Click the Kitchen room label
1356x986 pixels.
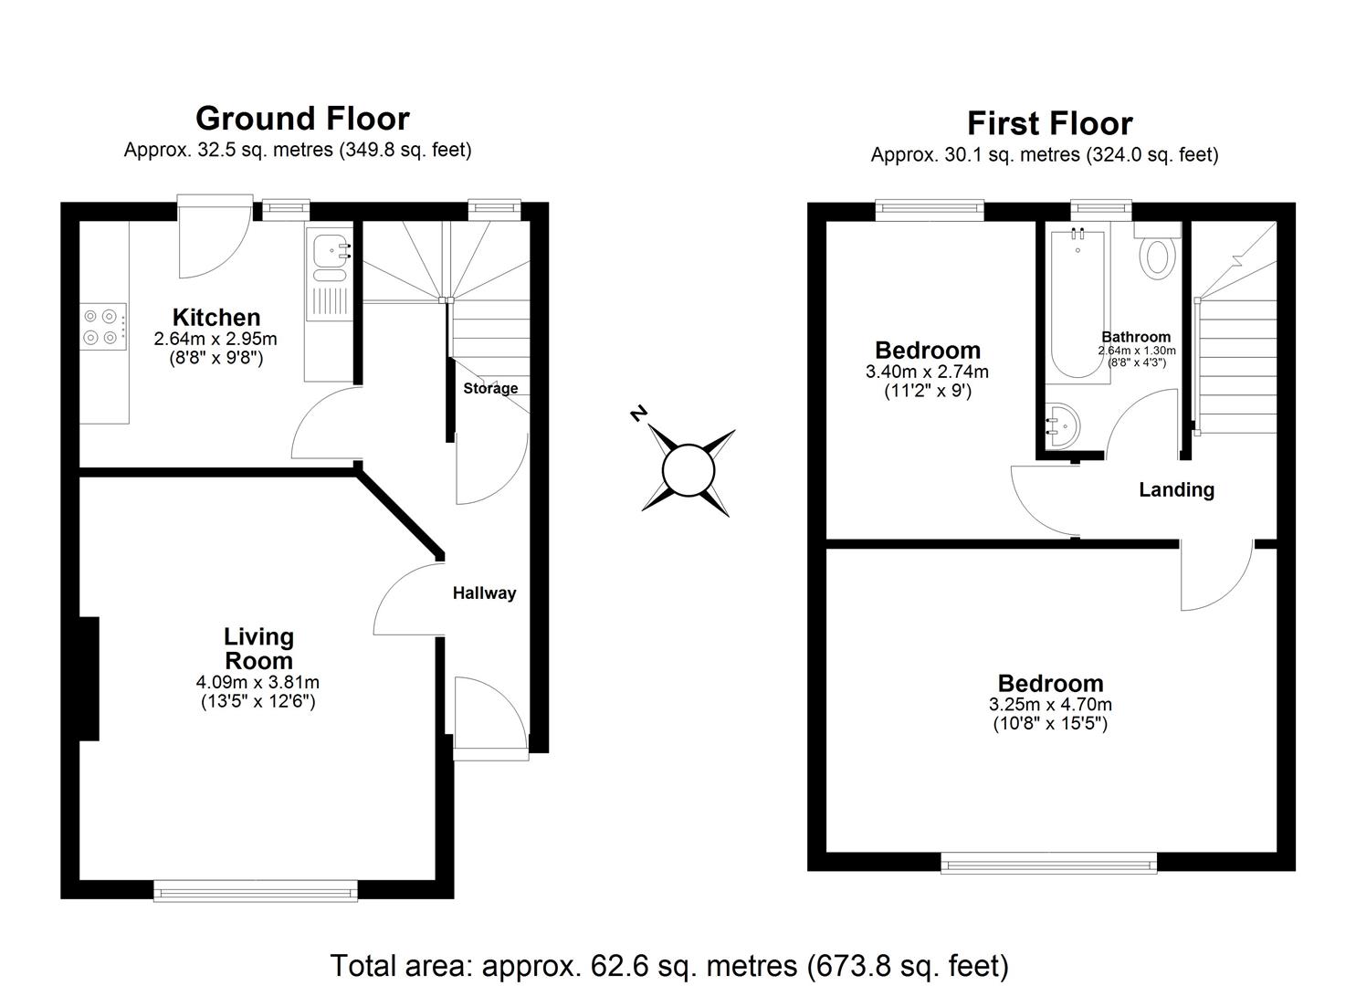(x=216, y=318)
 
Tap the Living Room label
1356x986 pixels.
(x=258, y=649)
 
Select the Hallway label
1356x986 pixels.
(x=484, y=593)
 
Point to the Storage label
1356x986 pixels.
(x=490, y=388)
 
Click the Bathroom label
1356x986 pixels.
(x=1136, y=337)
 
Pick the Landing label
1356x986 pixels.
(x=1176, y=490)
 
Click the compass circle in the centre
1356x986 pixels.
(x=688, y=472)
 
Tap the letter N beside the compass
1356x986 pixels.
(x=638, y=414)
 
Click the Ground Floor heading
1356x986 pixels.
(x=302, y=119)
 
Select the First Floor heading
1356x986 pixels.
(x=1049, y=123)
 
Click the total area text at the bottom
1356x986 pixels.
(x=668, y=965)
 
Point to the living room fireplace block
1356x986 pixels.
(x=89, y=678)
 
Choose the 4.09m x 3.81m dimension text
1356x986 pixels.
(x=258, y=682)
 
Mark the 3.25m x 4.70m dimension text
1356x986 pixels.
(x=1050, y=705)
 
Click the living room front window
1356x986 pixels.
(x=256, y=890)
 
